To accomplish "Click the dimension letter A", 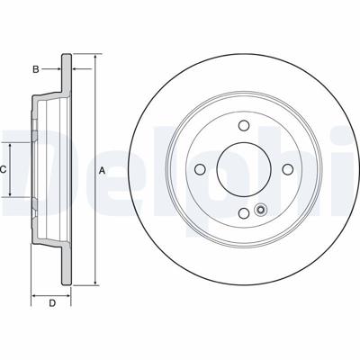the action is (x=103, y=171).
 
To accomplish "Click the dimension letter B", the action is (x=36, y=69).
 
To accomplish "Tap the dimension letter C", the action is (x=3, y=170).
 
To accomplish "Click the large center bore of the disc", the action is (x=244, y=169).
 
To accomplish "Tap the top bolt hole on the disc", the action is (x=244, y=125).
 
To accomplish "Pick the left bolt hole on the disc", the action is (x=200, y=169).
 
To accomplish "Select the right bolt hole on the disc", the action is (x=288, y=169).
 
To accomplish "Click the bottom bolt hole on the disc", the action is (x=244, y=213).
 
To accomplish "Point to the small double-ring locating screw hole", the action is (x=260, y=210).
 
